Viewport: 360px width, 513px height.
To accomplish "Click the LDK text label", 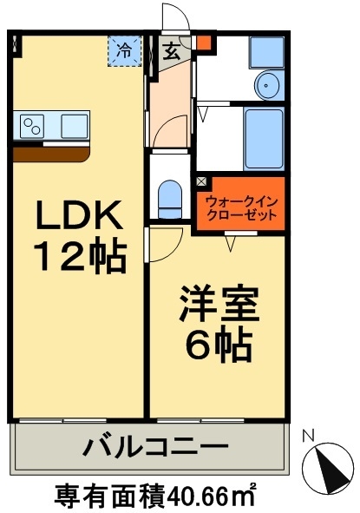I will [x=79, y=214].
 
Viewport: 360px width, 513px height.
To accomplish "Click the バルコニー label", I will [x=155, y=450].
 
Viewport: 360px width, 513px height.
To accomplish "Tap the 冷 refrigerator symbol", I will [x=124, y=50].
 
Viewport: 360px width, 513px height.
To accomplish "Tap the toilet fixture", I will [x=170, y=199].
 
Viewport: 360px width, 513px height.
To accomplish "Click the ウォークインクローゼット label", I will [x=241, y=210].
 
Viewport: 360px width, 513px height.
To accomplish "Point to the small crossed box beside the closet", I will [x=202, y=182].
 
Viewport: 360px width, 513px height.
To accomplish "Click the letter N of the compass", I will [x=308, y=436].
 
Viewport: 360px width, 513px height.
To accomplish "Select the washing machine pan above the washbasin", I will [x=265, y=51].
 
